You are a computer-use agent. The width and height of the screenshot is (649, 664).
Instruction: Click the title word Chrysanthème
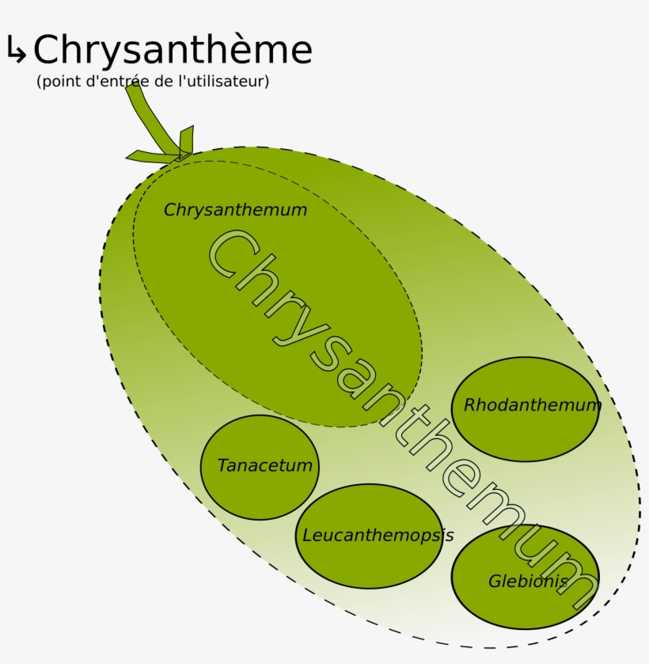coord(173,50)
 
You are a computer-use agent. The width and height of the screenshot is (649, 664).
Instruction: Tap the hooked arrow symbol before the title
coord(16,51)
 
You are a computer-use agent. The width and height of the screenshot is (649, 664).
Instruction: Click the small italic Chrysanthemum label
coord(235,211)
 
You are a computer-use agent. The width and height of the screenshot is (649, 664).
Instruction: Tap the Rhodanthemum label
coord(532,406)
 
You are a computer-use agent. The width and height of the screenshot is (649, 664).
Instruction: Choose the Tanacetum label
coord(264,466)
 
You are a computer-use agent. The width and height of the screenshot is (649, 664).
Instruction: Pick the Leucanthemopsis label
coord(378,536)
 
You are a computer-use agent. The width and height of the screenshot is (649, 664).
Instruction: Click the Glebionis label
coord(527,582)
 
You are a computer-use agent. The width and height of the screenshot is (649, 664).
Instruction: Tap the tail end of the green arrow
coord(134,91)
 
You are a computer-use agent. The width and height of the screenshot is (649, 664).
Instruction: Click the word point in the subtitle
coord(58,82)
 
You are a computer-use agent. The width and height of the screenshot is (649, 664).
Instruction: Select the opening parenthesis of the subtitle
coord(39,82)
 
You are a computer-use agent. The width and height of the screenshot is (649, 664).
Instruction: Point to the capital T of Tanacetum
coord(222,466)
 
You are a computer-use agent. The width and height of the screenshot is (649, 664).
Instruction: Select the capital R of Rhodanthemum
coord(469,406)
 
